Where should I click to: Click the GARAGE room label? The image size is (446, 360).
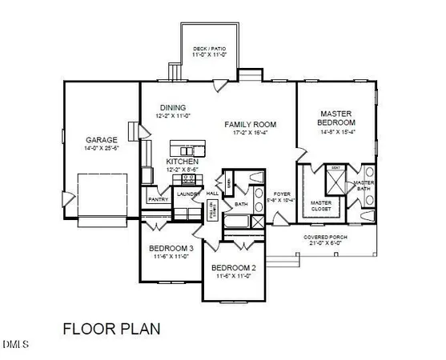click(102, 139)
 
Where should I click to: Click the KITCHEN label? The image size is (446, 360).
click(181, 161)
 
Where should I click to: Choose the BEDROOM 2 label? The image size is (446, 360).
click(232, 268)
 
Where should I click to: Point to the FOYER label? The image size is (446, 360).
click(281, 194)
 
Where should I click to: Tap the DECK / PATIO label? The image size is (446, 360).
click(210, 49)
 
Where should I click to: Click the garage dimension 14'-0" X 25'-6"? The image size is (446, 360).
click(102, 148)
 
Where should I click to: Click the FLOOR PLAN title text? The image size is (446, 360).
click(111, 328)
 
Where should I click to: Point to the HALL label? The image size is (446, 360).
click(212, 194)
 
